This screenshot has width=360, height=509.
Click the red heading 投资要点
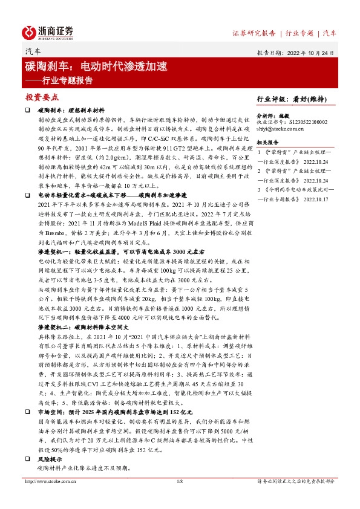[x=42, y=97]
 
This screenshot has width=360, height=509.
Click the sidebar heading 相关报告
[x=267, y=143]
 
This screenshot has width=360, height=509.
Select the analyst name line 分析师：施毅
[x=273, y=114]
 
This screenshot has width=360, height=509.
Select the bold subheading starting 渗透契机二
[x=81, y=325]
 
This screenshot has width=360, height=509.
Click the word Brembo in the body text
[x=53, y=241]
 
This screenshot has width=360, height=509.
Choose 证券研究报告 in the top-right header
[x=254, y=33]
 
